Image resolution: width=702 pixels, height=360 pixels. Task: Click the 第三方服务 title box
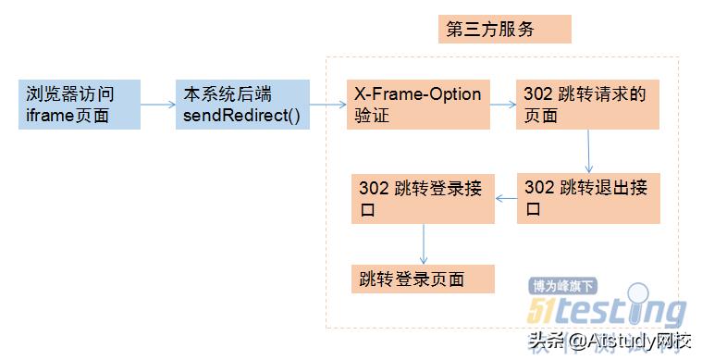pos(504,30)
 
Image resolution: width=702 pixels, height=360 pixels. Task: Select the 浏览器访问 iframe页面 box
pos(80,105)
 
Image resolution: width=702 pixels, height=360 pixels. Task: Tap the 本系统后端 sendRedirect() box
pos(241,105)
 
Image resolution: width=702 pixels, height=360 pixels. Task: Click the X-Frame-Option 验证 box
pos(417,105)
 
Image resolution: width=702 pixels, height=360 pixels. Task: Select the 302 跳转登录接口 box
pos(424,197)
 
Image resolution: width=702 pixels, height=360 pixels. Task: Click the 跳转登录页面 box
pos(423,279)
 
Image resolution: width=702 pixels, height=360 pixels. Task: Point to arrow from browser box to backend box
pos(158,105)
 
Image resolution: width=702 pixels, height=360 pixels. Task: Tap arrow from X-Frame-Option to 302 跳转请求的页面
pos(501,105)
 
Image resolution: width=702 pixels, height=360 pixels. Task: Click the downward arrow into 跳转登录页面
pos(423,243)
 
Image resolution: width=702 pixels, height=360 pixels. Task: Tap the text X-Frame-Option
pos(417,94)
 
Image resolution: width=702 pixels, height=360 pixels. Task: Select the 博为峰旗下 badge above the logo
pos(563,286)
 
